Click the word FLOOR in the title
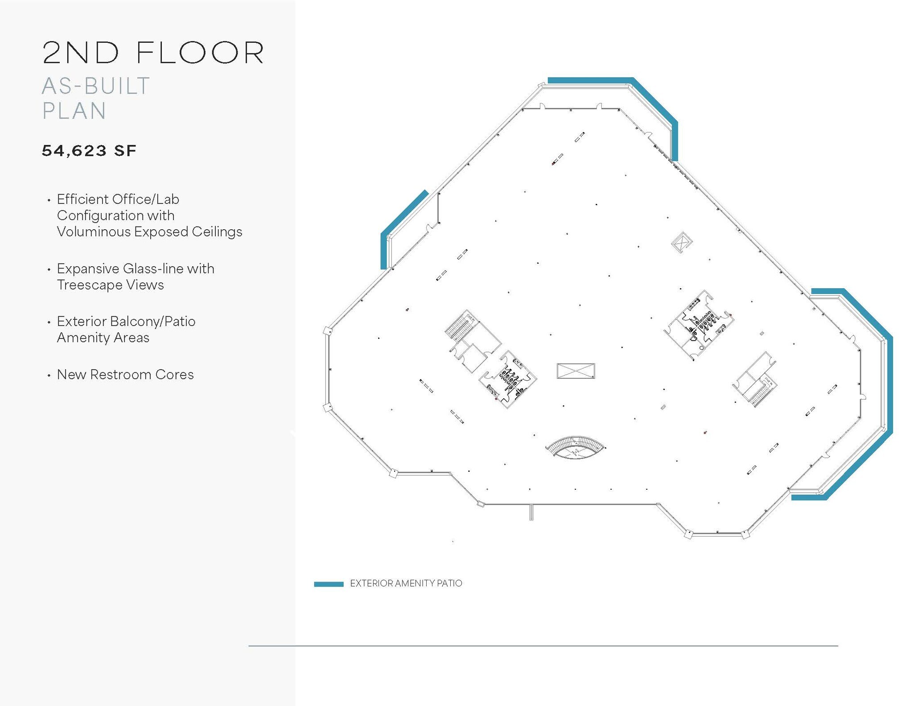(200, 53)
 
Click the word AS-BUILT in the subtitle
(96, 86)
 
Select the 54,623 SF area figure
(89, 151)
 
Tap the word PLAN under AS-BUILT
(74, 111)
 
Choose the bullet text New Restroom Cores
(125, 375)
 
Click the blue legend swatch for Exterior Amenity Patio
(329, 584)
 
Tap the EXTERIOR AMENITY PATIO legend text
(406, 583)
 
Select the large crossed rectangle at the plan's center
(576, 371)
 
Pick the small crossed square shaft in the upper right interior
(681, 242)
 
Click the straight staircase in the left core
(457, 328)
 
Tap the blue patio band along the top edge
(588, 80)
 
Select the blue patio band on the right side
(889, 384)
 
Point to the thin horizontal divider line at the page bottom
(543, 645)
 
